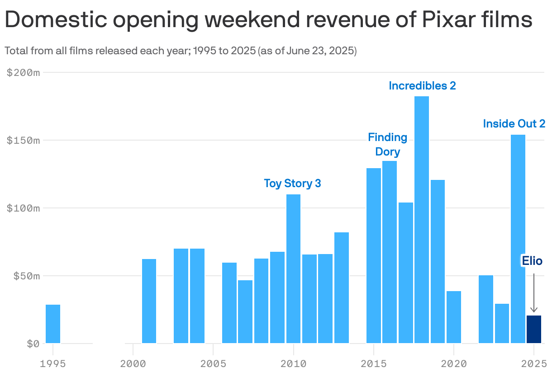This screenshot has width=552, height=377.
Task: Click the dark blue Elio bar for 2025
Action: pyautogui.click(x=534, y=330)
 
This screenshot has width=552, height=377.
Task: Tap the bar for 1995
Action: pyautogui.click(x=53, y=324)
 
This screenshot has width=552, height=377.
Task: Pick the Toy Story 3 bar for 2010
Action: pyautogui.click(x=293, y=269)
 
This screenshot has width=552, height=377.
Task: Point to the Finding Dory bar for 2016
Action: pyautogui.click(x=390, y=252)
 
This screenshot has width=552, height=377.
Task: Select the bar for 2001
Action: pyautogui.click(x=149, y=301)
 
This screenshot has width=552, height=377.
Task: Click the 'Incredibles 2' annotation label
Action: pyautogui.click(x=422, y=85)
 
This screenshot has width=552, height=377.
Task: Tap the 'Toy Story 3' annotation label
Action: pyautogui.click(x=292, y=183)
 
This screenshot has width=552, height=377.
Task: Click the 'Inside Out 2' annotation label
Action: pyautogui.click(x=514, y=123)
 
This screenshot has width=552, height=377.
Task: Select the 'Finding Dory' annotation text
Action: pyautogui.click(x=388, y=144)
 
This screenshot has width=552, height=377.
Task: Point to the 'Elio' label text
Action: pyautogui.click(x=532, y=260)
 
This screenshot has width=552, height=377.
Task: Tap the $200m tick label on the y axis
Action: pyautogui.click(x=24, y=72)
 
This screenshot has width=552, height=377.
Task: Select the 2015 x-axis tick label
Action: pyautogui.click(x=373, y=363)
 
